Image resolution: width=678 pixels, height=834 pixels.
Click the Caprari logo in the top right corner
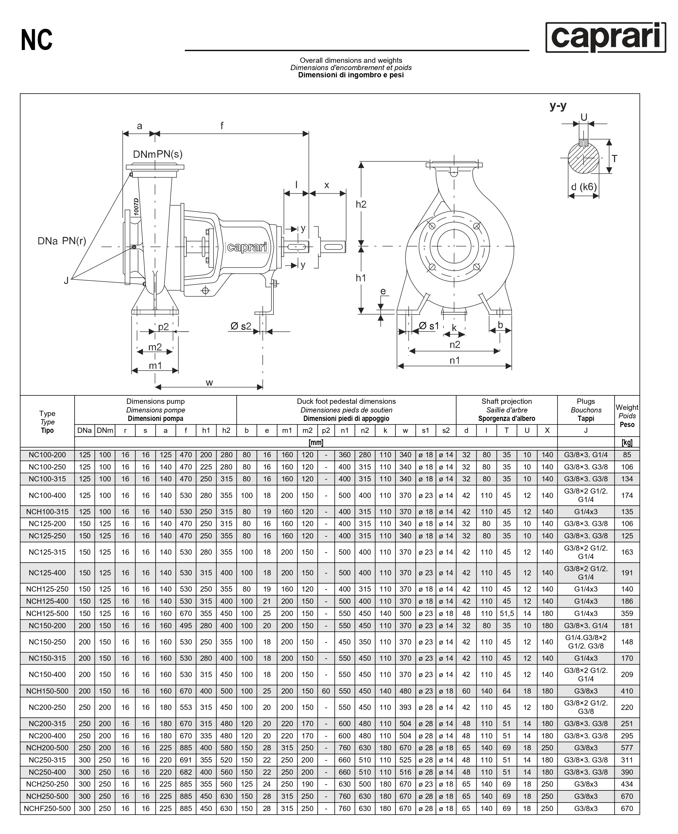click(605, 37)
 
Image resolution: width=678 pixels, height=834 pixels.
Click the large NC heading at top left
click(37, 40)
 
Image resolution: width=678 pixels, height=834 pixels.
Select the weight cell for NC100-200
click(627, 455)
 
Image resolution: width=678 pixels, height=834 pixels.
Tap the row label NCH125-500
click(47, 613)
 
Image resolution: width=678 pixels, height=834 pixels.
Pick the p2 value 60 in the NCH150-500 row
click(326, 691)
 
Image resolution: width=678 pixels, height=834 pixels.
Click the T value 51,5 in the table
click(507, 613)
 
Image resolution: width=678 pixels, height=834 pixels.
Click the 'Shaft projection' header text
click(507, 401)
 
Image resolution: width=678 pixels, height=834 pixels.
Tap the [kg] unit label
click(627, 442)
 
